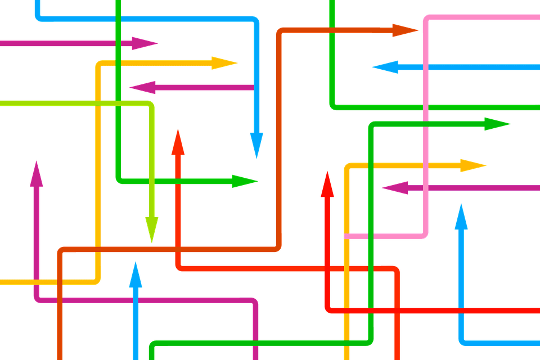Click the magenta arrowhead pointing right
145,43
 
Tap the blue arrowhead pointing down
256,143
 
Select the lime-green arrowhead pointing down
151,228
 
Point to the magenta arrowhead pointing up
37,174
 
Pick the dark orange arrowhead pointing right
404,30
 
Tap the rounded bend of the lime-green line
151,105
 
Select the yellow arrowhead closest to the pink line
472,165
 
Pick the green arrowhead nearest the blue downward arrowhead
244,181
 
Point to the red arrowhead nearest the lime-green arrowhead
178,142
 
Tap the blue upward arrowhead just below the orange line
135,274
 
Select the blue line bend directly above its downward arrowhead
256,21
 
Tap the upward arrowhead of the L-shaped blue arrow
461,217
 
